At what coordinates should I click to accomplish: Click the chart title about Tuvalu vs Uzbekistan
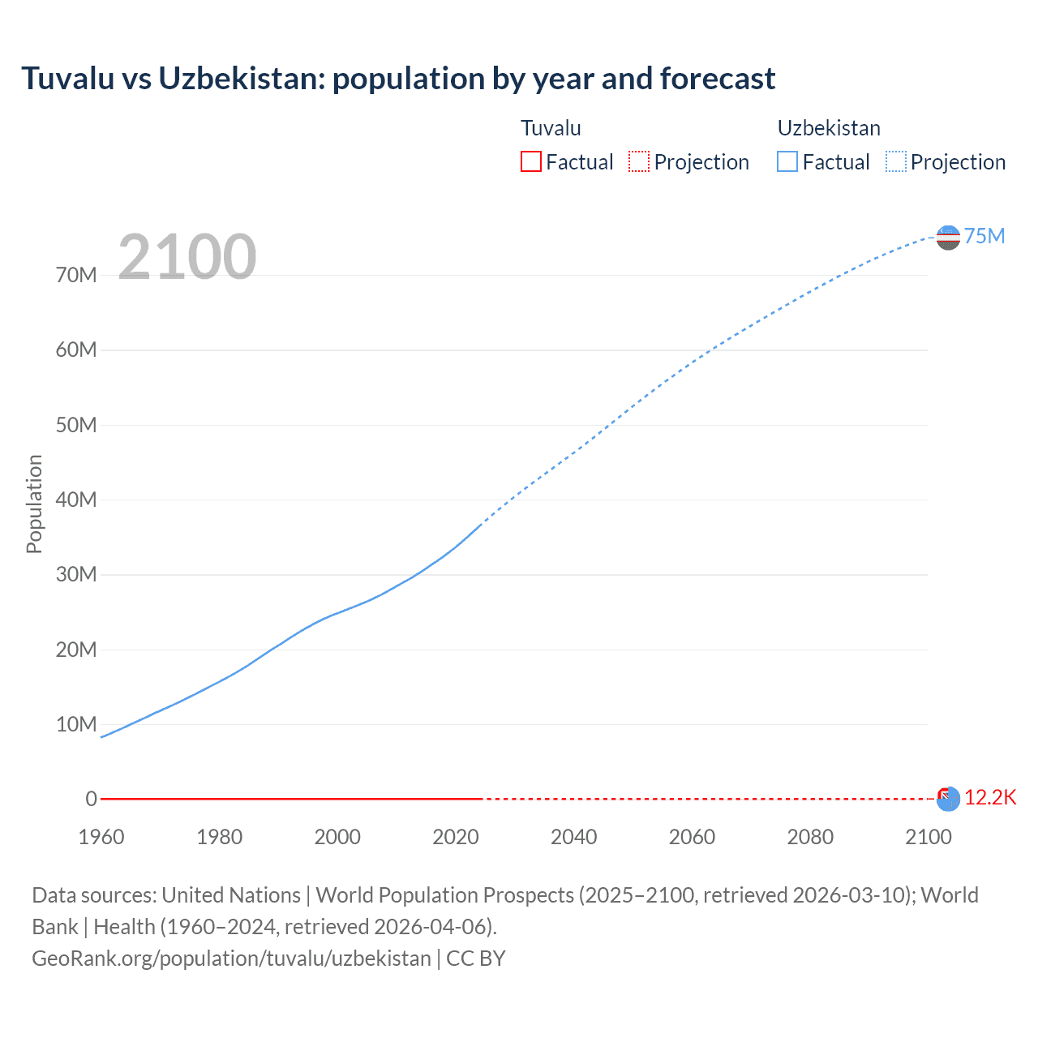[x=398, y=79]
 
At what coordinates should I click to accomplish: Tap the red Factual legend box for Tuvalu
[x=530, y=161]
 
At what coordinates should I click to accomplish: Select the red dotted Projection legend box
[x=639, y=161]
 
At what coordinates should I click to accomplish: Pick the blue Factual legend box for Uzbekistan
[x=787, y=161]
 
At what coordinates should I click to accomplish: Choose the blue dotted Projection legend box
[x=896, y=161]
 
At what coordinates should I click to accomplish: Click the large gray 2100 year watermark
[x=187, y=257]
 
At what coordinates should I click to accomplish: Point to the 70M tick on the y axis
[x=76, y=275]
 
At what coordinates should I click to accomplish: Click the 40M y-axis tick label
[x=76, y=500]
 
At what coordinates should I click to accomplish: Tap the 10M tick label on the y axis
[x=76, y=724]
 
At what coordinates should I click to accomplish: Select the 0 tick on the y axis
[x=91, y=799]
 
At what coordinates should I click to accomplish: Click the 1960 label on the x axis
[x=101, y=837]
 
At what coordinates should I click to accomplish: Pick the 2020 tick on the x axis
[x=456, y=837]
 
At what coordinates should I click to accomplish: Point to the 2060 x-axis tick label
[x=692, y=837]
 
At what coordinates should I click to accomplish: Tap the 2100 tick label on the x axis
[x=928, y=837]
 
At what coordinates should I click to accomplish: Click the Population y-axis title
[x=34, y=504]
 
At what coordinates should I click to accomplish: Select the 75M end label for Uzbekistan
[x=984, y=236]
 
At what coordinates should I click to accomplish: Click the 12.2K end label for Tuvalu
[x=990, y=797]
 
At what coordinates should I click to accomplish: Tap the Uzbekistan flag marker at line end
[x=948, y=238]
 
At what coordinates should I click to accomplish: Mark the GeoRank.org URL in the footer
[x=231, y=958]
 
